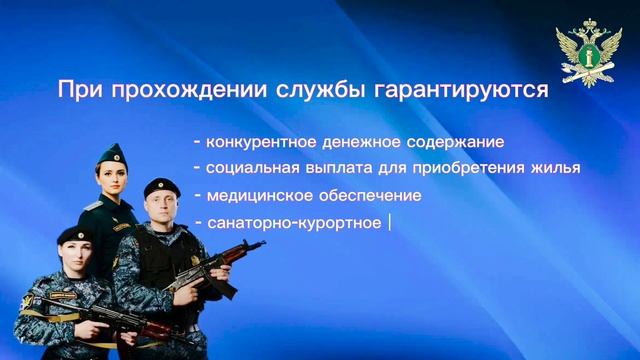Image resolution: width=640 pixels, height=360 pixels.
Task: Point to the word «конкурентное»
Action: (255, 141)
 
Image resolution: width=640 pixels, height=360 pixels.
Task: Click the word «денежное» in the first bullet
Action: (355, 141)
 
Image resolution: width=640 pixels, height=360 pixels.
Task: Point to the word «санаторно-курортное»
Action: (293, 222)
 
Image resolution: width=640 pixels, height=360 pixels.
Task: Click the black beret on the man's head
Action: (160, 185)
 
